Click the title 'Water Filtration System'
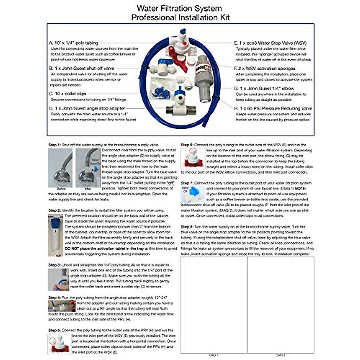(x=179, y=8)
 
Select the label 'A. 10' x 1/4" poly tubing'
(x=73, y=43)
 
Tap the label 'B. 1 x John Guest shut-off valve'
(x=82, y=68)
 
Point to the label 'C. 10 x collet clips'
(x=67, y=94)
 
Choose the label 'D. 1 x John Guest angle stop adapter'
(x=87, y=109)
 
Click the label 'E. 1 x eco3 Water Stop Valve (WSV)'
(x=270, y=43)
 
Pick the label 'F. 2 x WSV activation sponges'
(x=264, y=68)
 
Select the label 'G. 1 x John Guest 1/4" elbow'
(x=264, y=88)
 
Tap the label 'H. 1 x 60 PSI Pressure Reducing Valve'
(x=273, y=109)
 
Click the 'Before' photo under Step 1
(x=60, y=168)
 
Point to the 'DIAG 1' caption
(x=213, y=355)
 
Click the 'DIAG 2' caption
(x=280, y=355)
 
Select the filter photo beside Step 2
(x=56, y=235)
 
